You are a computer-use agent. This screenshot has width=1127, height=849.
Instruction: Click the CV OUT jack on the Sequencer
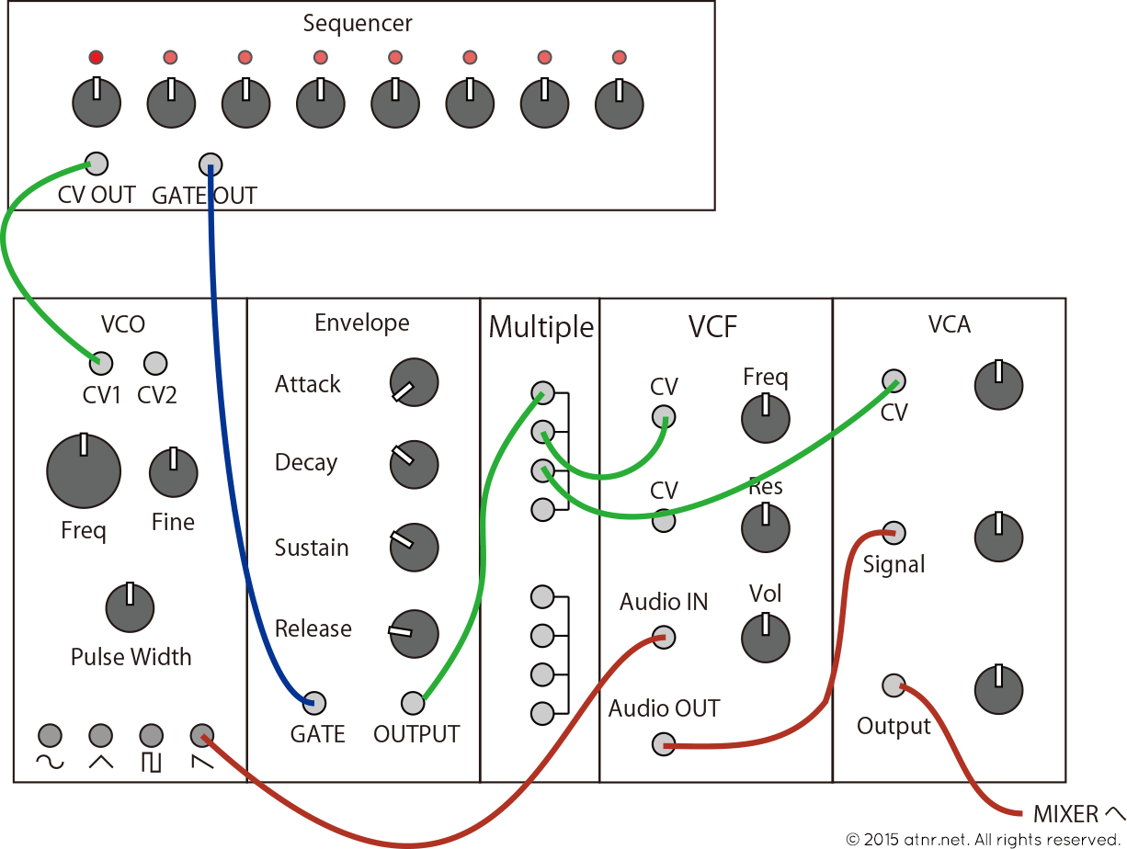(96, 164)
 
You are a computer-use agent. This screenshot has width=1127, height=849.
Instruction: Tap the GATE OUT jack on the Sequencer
(211, 164)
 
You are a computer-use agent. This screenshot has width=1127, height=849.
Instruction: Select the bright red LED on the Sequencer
(96, 58)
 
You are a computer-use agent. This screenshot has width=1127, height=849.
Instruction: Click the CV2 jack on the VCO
(155, 363)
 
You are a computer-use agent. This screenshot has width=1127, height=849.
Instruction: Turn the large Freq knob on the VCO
(84, 470)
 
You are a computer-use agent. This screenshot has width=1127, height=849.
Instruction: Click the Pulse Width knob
(130, 606)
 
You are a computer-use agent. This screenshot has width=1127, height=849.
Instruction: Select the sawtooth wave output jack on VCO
(201, 735)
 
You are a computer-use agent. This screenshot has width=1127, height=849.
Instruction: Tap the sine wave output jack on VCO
(50, 735)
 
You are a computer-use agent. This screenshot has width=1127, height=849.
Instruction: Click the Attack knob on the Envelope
(414, 382)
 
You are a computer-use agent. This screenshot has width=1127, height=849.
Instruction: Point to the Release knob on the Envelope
(414, 633)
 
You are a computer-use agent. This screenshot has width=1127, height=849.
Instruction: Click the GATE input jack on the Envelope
(314, 703)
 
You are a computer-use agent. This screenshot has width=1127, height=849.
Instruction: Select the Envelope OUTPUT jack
(413, 704)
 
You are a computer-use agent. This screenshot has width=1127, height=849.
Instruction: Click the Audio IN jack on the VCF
(663, 637)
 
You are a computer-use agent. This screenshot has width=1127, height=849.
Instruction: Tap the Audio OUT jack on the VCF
(663, 744)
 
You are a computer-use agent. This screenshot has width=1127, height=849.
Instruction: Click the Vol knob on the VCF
(765, 638)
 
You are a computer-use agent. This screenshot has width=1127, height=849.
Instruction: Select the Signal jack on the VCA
(893, 533)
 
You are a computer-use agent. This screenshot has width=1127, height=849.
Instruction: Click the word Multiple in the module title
(541, 327)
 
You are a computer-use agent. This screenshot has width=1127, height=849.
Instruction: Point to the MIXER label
(1066, 814)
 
